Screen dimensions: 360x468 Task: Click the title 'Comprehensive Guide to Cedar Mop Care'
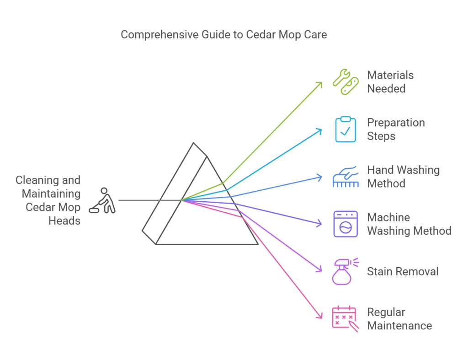pos(223,35)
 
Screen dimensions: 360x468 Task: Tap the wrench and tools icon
pos(345,82)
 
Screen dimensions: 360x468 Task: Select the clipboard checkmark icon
pos(345,129)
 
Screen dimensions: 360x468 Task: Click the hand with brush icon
pos(345,177)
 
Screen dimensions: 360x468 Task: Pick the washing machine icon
pos(345,224)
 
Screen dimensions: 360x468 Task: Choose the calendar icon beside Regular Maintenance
pos(344,318)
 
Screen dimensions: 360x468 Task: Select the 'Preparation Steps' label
pos(396,129)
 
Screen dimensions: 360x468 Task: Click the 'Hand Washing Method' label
pos(403,177)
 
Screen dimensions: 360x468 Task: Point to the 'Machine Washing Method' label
pos(409,224)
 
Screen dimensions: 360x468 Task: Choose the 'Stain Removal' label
pos(403,271)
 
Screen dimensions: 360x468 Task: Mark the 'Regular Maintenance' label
pos(399,319)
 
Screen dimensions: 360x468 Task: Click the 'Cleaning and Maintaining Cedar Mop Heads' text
pos(48,200)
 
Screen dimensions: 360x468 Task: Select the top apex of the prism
pos(194,143)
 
